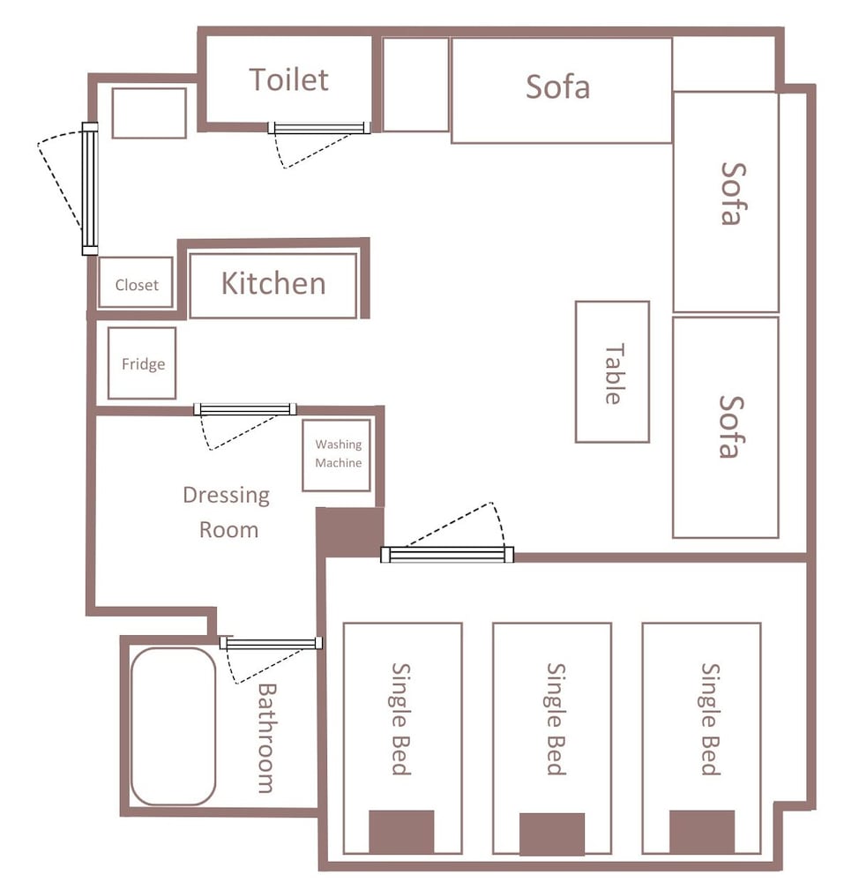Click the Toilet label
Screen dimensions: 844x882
click(x=288, y=79)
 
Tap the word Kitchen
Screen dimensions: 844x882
click(x=273, y=283)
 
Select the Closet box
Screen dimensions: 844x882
click(x=136, y=282)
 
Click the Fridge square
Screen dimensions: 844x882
click(x=142, y=363)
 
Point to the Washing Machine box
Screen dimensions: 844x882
click(x=337, y=455)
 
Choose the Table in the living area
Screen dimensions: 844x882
click(x=612, y=372)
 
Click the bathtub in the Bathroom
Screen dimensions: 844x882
click(x=173, y=726)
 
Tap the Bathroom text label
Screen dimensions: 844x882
click(x=266, y=738)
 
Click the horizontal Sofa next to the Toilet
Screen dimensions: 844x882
click(x=562, y=91)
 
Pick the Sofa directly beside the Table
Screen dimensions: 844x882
click(x=726, y=428)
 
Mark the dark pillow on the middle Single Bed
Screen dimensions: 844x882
click(x=551, y=833)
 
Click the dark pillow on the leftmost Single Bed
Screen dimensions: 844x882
click(x=401, y=832)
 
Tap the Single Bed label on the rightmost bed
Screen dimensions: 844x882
click(x=711, y=719)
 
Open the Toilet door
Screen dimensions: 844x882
click(x=319, y=128)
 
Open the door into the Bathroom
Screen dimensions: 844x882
click(x=271, y=644)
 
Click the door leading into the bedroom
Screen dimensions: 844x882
click(x=447, y=555)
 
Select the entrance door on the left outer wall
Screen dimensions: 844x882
click(x=90, y=189)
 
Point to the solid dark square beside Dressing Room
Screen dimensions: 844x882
click(x=350, y=532)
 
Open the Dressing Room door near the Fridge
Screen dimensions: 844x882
click(x=245, y=409)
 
